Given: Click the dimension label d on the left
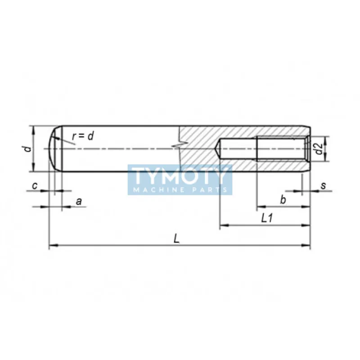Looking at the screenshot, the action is pyautogui.click(x=28, y=149).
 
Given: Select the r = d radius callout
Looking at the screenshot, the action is pyautogui.click(x=83, y=136).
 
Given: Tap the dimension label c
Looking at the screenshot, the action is pyautogui.click(x=35, y=185).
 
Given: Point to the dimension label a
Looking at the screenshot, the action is pyautogui.click(x=79, y=201).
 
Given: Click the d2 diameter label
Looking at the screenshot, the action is pyautogui.click(x=319, y=148).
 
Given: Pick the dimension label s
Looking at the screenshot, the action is pyautogui.click(x=323, y=185).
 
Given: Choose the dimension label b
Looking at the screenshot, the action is pyautogui.click(x=283, y=199).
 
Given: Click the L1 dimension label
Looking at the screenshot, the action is pyautogui.click(x=267, y=218).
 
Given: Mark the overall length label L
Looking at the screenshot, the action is pyautogui.click(x=176, y=238).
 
